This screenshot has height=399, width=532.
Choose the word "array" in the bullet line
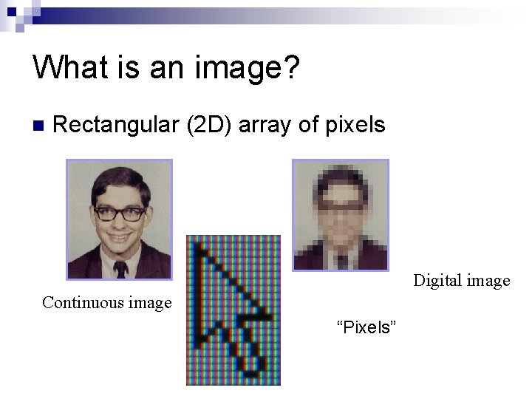[x=266, y=126]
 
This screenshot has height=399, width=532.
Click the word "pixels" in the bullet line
[x=355, y=126]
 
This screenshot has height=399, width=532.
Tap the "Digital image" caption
[x=461, y=281]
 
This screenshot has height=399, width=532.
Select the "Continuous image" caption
[x=106, y=302]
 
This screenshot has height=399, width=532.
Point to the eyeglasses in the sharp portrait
[x=119, y=214]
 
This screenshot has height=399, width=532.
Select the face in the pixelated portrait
[x=341, y=214]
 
